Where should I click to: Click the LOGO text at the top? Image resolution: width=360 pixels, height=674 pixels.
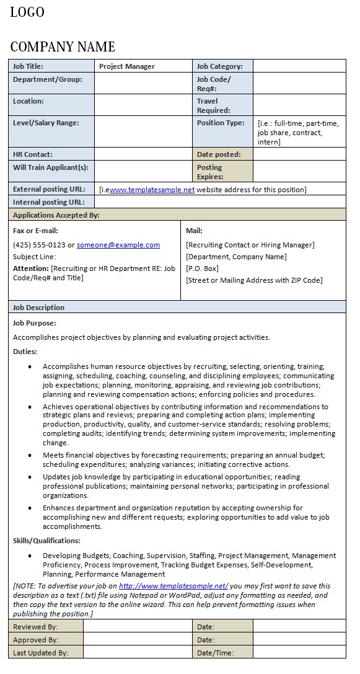(27, 12)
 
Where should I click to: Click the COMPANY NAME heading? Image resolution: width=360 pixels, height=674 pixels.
(63, 47)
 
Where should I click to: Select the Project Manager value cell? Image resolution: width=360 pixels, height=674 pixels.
(127, 66)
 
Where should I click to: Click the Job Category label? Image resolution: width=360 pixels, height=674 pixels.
(219, 66)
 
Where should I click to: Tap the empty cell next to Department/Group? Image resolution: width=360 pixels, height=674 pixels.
(143, 84)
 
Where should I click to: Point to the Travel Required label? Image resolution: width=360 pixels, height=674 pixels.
(213, 105)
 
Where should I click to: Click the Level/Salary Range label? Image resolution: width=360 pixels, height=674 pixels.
(46, 123)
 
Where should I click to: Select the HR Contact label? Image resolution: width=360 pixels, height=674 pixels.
(33, 154)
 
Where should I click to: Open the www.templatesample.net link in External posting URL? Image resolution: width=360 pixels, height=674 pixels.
(152, 190)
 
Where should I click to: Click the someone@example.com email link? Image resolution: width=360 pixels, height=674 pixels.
(118, 245)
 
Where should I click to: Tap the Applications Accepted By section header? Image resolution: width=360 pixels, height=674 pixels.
(56, 215)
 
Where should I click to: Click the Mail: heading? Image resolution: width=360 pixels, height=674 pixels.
(194, 231)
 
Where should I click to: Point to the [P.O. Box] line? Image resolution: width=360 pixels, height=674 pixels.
(202, 268)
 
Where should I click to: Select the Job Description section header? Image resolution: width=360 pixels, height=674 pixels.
(38, 308)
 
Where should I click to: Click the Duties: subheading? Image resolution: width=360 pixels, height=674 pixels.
(25, 352)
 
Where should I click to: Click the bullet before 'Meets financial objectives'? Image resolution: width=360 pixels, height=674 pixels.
(30, 455)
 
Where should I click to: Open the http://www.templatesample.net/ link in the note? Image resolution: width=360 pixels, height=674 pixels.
(173, 586)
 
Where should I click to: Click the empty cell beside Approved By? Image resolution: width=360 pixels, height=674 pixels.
(138, 640)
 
